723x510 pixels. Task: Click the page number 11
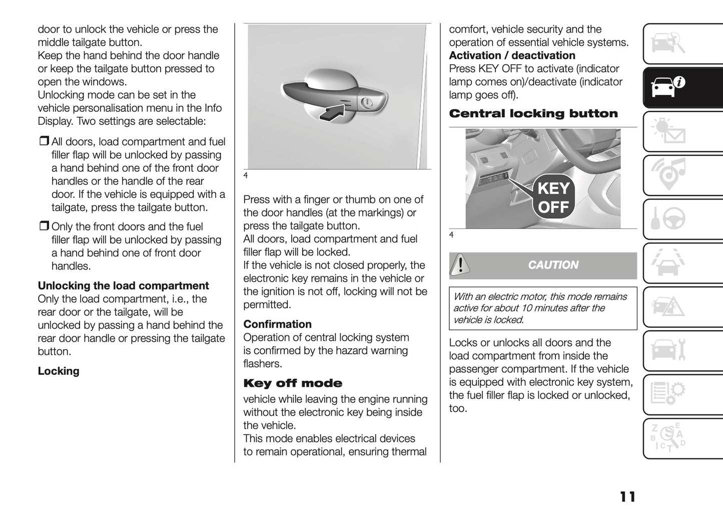pos(627,496)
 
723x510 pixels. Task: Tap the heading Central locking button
pos(533,114)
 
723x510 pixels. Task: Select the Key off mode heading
pos(293,384)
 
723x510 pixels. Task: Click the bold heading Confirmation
pos(277,324)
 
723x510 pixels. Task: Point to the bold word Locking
pos(59,371)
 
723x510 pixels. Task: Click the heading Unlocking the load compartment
pos(123,286)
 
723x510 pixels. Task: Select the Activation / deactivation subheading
pos(512,56)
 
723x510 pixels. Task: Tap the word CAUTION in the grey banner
pos(553,265)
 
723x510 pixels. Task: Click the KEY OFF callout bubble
pos(553,197)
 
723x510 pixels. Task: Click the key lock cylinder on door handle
pos(367,103)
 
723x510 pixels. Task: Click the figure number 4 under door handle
pos(246,175)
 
